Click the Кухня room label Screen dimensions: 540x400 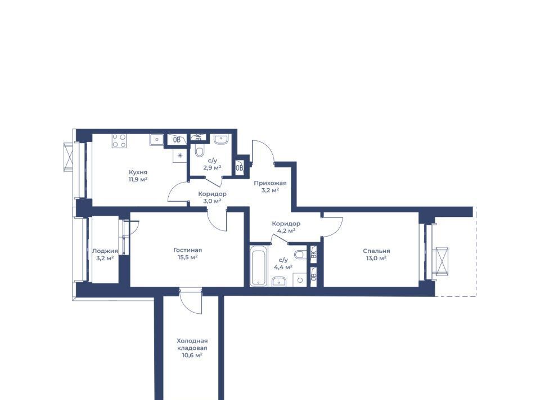[x=138, y=172]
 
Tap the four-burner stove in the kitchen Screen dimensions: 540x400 [x=119, y=141]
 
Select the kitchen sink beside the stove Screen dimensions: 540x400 [x=157, y=140]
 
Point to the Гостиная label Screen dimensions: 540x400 [x=188, y=250]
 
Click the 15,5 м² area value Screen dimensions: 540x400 [x=186, y=257]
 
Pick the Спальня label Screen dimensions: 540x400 [x=376, y=251]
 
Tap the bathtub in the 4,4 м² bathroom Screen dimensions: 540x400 [x=258, y=265]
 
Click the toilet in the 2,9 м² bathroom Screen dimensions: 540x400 [x=199, y=150]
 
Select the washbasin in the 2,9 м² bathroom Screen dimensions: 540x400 [x=220, y=139]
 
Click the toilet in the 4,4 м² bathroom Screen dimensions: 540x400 [x=300, y=255]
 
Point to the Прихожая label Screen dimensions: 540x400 [x=271, y=183]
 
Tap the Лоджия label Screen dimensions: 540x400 [x=105, y=251]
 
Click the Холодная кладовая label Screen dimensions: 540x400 [x=192, y=344]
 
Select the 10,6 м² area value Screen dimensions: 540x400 [x=192, y=355]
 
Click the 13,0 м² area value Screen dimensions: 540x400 [x=375, y=258]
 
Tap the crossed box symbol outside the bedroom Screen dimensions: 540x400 [x=441, y=262]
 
